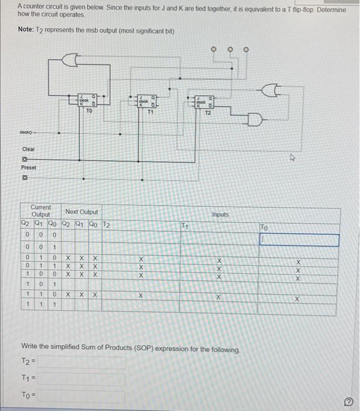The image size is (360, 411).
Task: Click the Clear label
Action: point(28,149)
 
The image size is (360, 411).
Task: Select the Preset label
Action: point(29,167)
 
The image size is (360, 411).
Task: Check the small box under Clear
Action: point(25,159)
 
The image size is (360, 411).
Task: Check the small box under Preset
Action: point(25,177)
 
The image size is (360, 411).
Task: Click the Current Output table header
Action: point(41,211)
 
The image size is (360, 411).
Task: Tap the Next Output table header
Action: point(82,212)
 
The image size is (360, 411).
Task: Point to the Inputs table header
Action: point(221,215)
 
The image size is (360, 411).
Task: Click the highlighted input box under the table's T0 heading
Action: point(300,240)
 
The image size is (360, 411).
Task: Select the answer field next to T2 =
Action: point(82,363)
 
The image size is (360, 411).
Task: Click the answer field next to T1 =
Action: point(82,379)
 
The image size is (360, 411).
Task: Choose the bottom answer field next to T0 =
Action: point(82,395)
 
